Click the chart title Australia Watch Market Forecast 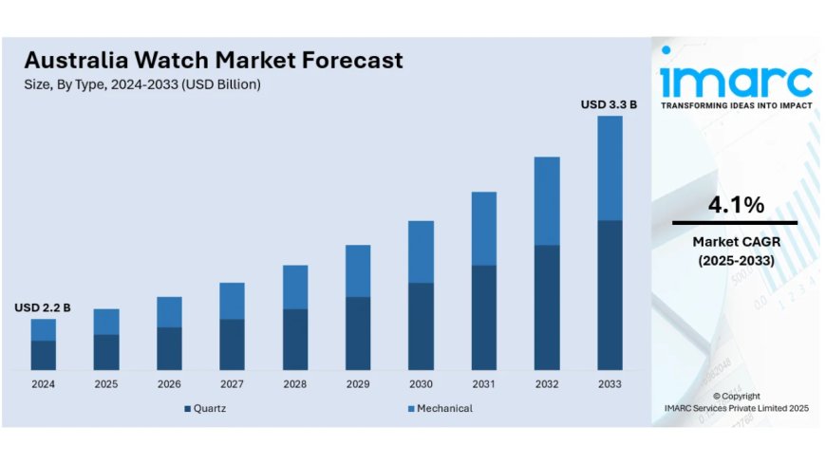214,61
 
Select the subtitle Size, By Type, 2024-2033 142,84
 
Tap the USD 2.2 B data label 42,307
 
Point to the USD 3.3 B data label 609,104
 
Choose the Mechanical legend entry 444,408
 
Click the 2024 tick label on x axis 43,383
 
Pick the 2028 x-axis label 295,383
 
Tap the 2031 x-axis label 483,383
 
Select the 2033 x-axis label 610,383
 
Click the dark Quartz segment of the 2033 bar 610,294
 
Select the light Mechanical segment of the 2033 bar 610,168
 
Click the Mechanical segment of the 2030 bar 421,251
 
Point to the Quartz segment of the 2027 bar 232,343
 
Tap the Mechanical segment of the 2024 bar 43,329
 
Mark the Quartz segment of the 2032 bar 547,306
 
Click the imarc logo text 736,79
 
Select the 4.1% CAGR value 735,205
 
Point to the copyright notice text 736,401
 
